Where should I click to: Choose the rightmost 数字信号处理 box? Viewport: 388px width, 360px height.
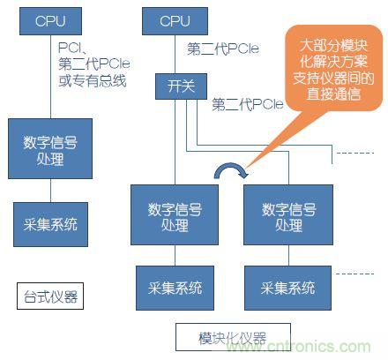tap(288, 214)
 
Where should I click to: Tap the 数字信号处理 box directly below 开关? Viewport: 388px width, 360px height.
tap(175, 214)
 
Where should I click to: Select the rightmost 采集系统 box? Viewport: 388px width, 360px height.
tap(288, 287)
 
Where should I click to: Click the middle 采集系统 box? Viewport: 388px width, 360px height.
tap(175, 287)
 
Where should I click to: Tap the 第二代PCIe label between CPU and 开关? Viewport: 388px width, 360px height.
tap(223, 50)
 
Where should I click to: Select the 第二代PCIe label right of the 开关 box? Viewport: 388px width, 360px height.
tap(248, 104)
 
